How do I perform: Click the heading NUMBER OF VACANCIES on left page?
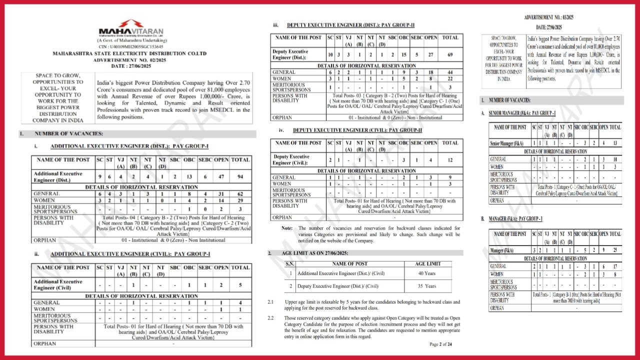tap(69, 134)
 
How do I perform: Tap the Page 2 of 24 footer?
tap(440, 344)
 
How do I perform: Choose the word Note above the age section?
tap(287, 228)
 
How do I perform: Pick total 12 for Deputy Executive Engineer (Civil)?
tap(450, 160)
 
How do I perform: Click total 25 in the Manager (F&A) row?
tap(615, 250)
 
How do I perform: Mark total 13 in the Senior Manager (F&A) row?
tap(615, 143)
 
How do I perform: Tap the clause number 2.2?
tap(270, 318)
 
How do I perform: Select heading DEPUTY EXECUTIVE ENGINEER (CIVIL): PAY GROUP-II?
tap(357, 130)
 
